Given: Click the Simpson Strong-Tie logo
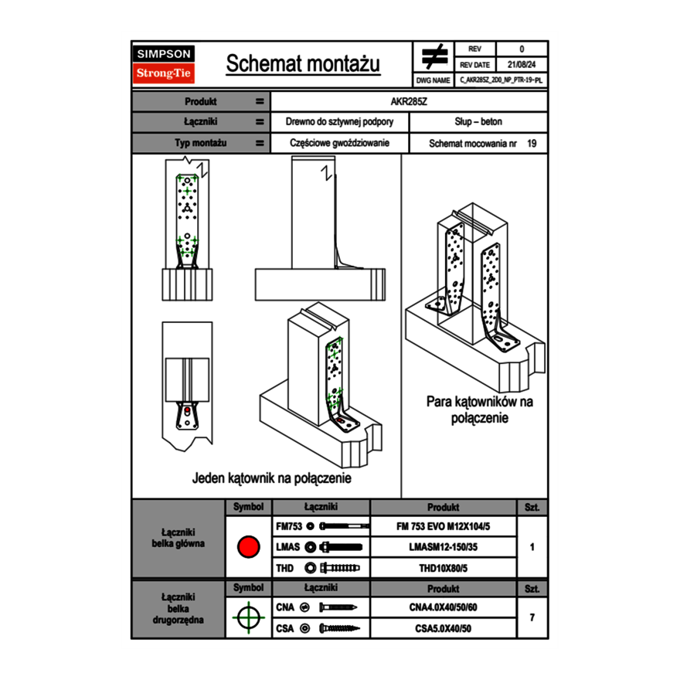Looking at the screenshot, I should click(x=165, y=64).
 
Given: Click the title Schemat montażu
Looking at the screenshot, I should click(x=303, y=64).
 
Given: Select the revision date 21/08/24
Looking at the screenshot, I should click(x=522, y=65).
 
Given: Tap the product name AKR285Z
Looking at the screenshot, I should click(x=409, y=101).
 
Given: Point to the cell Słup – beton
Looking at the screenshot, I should click(x=478, y=122).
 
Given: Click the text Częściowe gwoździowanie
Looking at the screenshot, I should click(x=339, y=143).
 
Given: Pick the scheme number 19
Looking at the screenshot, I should click(x=532, y=143).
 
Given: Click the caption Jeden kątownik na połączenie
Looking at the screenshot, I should click(x=271, y=478).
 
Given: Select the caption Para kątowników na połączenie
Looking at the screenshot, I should click(x=479, y=410).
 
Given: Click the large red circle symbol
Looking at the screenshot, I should click(x=247, y=547).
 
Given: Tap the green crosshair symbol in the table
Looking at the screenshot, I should click(x=247, y=617).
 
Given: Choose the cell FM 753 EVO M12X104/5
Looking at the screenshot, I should click(x=443, y=526).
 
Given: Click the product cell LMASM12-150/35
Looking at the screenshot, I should click(x=443, y=547).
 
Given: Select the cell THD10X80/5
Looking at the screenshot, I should click(x=443, y=568).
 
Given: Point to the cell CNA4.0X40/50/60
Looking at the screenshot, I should click(x=443, y=607).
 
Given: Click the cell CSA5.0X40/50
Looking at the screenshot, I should click(x=443, y=628).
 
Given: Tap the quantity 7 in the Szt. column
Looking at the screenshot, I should click(x=532, y=617).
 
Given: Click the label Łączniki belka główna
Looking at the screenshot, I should click(x=178, y=538).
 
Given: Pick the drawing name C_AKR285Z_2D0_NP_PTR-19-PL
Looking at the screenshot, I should click(x=500, y=80).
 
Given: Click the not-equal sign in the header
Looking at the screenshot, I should click(x=433, y=56).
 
